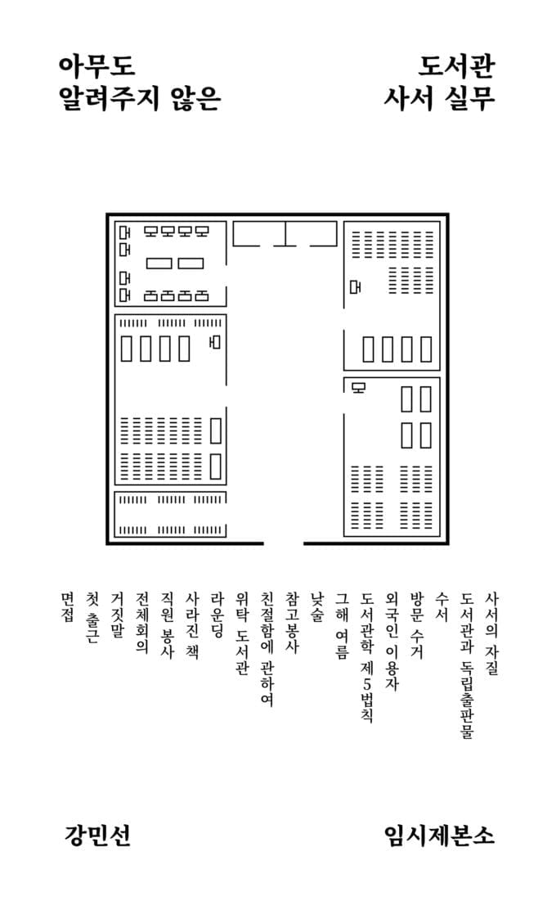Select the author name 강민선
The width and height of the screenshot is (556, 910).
point(96,835)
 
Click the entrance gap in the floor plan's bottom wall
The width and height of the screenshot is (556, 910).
point(283,543)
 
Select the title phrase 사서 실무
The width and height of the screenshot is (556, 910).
point(440,99)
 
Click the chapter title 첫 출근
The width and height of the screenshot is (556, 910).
point(92,621)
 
